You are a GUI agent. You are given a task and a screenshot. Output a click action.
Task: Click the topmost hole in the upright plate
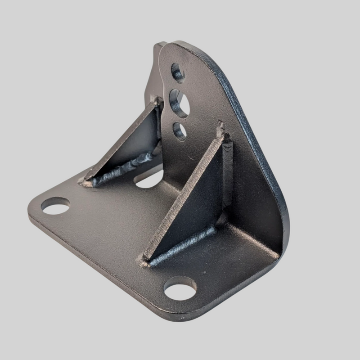coord(178,72)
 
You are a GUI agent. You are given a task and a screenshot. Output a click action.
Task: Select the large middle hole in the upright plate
coord(180,103)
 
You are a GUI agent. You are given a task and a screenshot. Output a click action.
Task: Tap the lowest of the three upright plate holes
coord(180,131)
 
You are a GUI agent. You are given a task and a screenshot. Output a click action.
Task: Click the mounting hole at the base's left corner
coord(55,206)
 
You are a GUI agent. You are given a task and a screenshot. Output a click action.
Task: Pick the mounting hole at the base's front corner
coord(180,288)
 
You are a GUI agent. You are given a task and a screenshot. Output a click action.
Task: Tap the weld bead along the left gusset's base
coord(121,169)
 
